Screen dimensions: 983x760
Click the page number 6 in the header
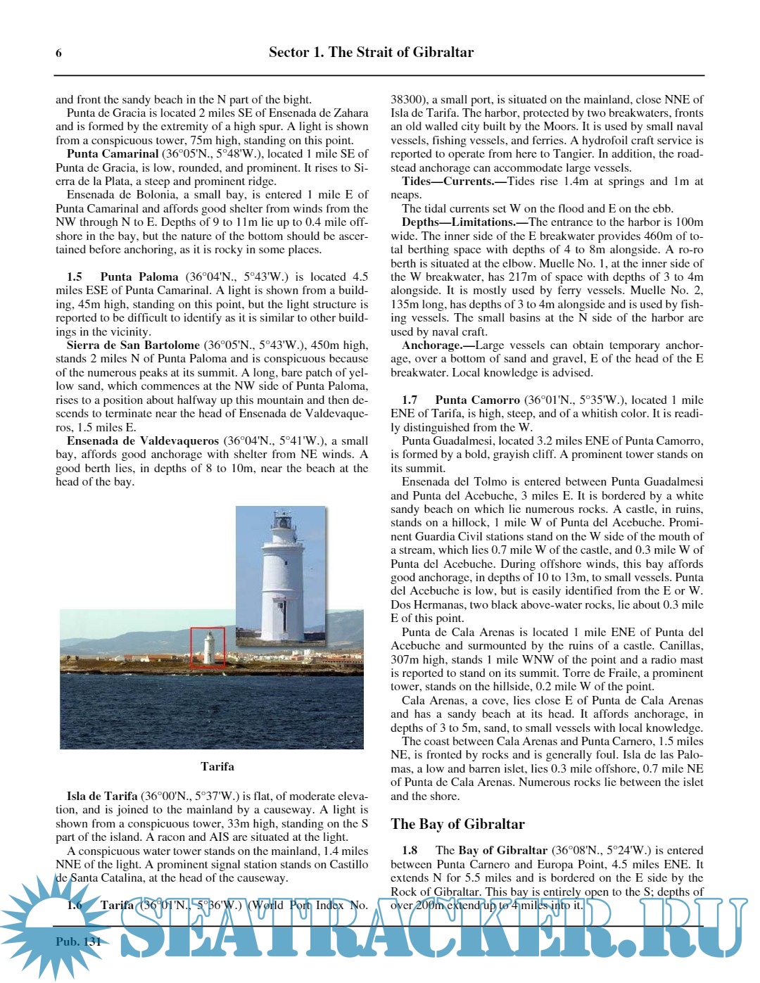(x=58, y=53)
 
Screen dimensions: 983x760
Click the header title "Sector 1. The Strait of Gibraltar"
(x=371, y=52)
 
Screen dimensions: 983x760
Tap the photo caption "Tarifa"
(x=217, y=766)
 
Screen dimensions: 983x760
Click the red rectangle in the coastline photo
(x=208, y=647)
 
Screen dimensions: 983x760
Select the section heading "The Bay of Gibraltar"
(x=457, y=824)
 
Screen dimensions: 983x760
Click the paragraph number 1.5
(x=74, y=277)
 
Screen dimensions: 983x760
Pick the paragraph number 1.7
(x=409, y=400)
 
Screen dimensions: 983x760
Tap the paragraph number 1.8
(x=409, y=850)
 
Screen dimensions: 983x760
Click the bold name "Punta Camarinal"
(x=113, y=153)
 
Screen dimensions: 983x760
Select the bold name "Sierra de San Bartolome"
(x=133, y=345)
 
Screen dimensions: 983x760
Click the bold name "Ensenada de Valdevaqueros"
(x=143, y=440)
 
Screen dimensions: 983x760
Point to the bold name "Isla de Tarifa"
(x=102, y=796)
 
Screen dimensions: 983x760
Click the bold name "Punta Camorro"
(x=477, y=400)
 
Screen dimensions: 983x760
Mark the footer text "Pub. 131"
(x=78, y=941)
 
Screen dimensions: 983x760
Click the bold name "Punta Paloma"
(x=139, y=277)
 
